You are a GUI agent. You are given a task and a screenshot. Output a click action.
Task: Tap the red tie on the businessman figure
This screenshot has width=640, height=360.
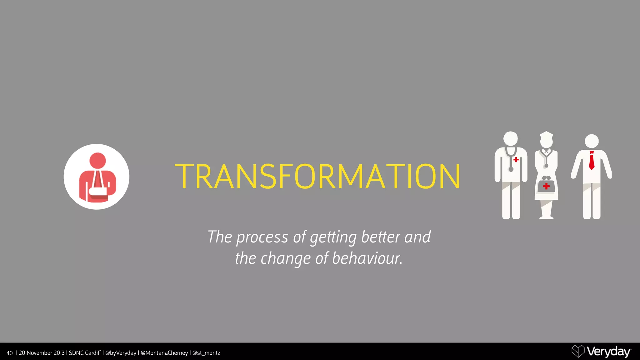[x=592, y=161]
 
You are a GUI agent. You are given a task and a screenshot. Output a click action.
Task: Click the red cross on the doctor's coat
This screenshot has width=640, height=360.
[x=516, y=160]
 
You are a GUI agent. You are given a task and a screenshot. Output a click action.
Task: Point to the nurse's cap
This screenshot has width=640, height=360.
[x=546, y=135]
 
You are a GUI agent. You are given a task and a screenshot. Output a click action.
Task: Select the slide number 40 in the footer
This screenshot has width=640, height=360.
[x=10, y=353]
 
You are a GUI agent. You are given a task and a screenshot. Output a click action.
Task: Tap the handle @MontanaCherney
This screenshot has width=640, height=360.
[x=164, y=353]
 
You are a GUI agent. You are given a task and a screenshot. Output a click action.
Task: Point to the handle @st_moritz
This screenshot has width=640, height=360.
[x=206, y=353]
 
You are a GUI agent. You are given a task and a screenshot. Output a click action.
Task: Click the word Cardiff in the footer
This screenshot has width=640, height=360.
[x=93, y=353]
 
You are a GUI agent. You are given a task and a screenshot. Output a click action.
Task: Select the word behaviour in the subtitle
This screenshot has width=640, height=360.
[x=367, y=258]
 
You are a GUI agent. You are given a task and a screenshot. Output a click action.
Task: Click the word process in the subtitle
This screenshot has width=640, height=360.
[x=262, y=237]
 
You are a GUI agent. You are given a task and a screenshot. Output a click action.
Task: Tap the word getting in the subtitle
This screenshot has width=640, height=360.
[x=333, y=237]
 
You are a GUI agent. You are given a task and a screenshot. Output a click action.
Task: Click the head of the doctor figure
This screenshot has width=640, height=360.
[x=511, y=138]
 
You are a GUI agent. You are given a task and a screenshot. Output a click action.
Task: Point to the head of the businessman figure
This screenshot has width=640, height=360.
[x=592, y=141]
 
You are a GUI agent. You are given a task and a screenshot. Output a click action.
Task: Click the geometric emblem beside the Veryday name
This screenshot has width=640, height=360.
[x=578, y=351]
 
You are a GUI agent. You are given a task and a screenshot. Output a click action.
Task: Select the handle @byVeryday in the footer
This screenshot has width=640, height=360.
[x=121, y=353]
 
